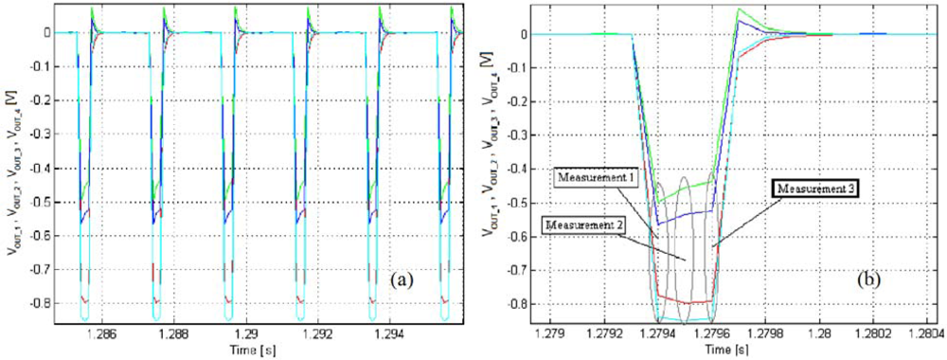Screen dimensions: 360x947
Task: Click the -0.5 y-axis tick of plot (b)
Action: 517,203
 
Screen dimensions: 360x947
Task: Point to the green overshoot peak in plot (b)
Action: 738,9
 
